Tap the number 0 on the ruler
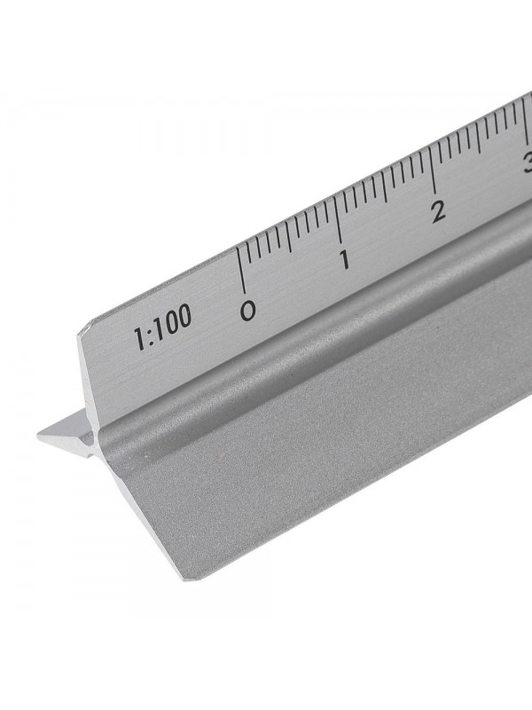[x=248, y=310]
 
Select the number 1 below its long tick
[x=345, y=260]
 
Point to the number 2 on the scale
[x=438, y=211]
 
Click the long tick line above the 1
[x=339, y=220]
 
